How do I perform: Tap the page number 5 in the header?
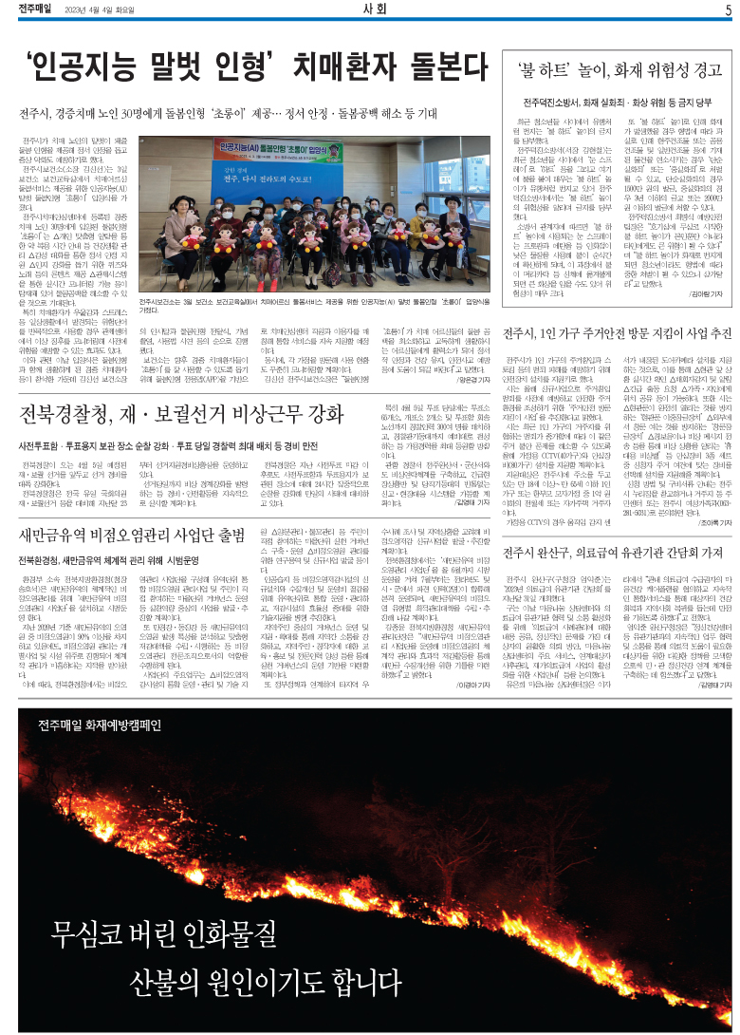coord(727,10)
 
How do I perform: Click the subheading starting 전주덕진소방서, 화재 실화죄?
coord(618,102)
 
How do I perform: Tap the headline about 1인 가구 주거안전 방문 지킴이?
coord(618,333)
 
